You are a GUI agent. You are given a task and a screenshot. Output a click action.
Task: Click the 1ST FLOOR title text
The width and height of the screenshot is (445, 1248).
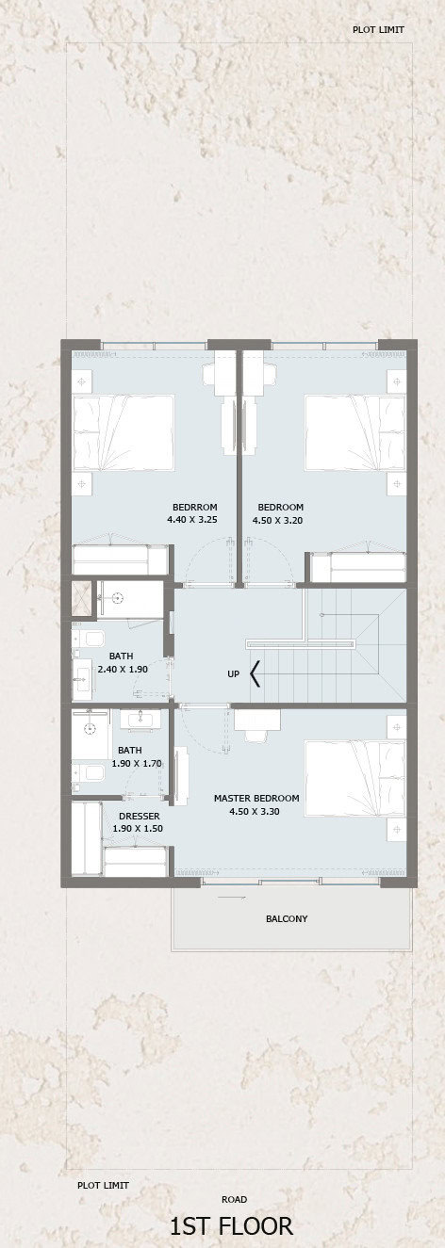(231, 1225)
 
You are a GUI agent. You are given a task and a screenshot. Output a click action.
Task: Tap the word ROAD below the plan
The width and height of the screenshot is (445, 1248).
(234, 1199)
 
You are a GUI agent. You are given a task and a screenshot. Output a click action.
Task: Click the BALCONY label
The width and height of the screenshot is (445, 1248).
(287, 918)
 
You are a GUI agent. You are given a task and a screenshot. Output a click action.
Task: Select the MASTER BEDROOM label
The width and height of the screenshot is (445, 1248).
(256, 798)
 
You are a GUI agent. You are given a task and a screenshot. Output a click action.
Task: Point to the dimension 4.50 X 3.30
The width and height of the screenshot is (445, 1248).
(255, 811)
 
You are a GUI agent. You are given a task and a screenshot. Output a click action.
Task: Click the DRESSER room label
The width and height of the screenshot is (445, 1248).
(139, 817)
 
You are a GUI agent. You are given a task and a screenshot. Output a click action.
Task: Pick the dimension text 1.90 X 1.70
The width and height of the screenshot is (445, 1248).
(137, 763)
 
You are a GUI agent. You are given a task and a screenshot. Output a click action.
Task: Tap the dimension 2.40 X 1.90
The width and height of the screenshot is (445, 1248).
(123, 669)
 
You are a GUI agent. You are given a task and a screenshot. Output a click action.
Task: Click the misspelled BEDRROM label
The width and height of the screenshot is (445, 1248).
(194, 507)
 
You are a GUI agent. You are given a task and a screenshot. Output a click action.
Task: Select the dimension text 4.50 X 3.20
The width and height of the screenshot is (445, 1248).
(278, 520)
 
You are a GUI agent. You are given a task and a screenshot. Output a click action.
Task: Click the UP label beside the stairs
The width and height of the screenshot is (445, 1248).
(233, 673)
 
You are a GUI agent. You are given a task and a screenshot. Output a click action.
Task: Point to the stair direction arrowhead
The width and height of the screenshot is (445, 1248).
(255, 673)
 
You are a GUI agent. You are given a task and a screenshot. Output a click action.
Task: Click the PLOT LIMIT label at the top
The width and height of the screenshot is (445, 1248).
(378, 29)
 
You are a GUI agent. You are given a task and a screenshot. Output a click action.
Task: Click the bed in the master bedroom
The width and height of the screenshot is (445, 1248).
(354, 778)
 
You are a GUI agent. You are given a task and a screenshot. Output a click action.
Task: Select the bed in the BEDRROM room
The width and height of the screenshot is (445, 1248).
(124, 433)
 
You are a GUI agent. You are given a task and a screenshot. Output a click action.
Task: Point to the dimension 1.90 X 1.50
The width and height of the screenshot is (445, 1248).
(138, 829)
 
